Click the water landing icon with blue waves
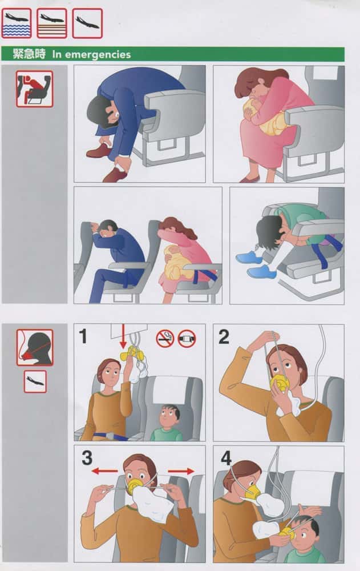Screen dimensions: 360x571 [x=17, y=23]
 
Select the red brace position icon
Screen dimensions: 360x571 [x=34, y=89]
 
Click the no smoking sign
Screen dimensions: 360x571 [x=165, y=339]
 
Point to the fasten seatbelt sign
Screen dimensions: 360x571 [x=187, y=339]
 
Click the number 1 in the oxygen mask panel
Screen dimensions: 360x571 [x=83, y=336]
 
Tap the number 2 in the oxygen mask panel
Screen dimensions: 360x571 [x=224, y=336]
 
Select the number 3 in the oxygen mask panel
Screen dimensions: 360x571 [x=87, y=458]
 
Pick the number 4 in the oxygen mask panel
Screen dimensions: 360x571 [x=226, y=458]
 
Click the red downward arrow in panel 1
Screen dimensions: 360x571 [x=123, y=336]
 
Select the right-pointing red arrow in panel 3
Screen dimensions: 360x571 [x=181, y=471]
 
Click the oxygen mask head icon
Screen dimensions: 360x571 [x=35, y=347]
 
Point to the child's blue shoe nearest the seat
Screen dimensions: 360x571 [x=260, y=272]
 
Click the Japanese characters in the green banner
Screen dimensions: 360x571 [x=29, y=54]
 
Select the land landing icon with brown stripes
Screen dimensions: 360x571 [x=52, y=23]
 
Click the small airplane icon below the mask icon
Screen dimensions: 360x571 [x=35, y=381]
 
